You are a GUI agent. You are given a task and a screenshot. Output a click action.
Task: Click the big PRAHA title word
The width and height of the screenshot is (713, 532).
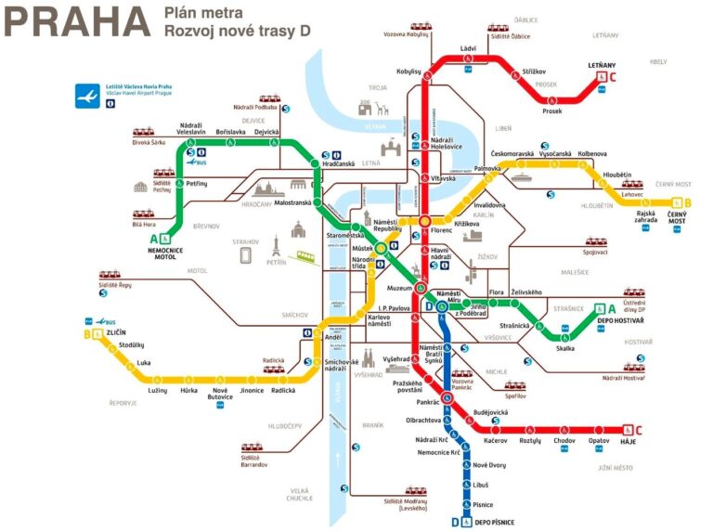77,22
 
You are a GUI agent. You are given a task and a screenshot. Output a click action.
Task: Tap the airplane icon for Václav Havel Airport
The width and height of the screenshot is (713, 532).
89,96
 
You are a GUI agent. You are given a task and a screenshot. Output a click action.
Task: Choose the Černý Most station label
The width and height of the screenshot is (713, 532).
677,217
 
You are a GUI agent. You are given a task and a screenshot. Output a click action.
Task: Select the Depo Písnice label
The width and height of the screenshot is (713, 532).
493,523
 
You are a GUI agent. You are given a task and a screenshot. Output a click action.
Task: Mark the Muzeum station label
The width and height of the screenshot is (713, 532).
399,288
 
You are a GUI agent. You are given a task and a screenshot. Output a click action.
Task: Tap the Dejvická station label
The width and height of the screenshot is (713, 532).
266,132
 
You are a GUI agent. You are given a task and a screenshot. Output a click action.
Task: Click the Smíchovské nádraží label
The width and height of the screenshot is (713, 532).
342,365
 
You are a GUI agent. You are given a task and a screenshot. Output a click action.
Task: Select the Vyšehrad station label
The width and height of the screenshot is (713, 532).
396,358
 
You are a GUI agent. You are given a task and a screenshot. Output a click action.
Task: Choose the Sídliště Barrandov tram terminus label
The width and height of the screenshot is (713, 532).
254,460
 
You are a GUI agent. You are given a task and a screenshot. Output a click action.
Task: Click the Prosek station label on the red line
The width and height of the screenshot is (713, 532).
552,110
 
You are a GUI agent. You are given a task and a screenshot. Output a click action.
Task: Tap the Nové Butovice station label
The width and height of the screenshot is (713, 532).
220,396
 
